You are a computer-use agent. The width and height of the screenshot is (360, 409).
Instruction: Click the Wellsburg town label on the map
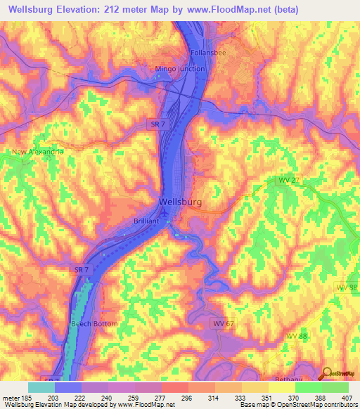pos(181,202)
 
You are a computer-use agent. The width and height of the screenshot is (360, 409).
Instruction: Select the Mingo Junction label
pos(180,69)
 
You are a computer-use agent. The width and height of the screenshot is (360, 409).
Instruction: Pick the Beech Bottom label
pos(94,323)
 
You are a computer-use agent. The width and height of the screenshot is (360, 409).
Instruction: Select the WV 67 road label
pos(222,323)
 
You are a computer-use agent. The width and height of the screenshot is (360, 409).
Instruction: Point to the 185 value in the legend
pos(21,398)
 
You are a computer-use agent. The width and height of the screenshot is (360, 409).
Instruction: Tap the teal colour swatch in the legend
pos(41,387)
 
